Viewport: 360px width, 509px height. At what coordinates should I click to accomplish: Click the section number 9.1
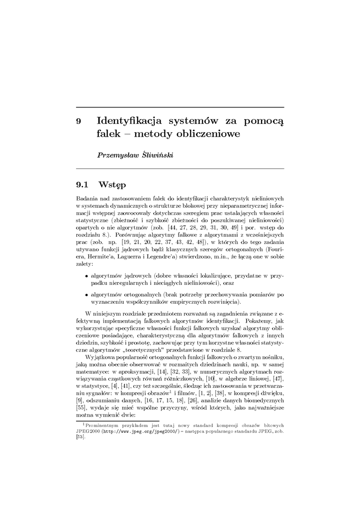point(82,185)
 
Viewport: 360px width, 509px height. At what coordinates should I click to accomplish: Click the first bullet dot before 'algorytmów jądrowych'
point(87,274)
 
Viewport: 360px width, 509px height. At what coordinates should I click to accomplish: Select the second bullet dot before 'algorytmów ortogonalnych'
point(87,294)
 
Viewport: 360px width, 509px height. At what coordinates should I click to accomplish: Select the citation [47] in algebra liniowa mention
point(278,379)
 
